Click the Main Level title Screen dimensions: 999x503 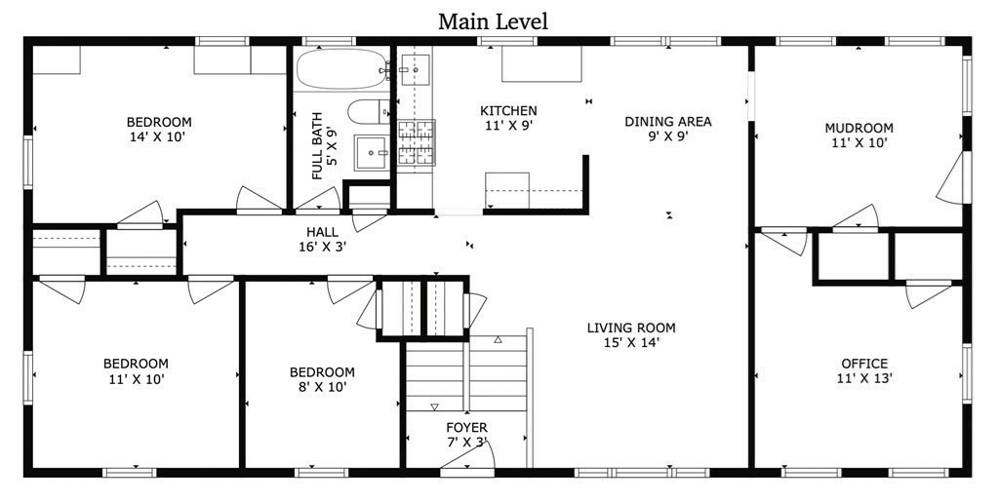coord(493,21)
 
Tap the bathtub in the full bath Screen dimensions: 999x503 coord(342,69)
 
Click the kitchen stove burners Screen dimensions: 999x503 coord(416,142)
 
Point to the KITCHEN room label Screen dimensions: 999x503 coord(508,111)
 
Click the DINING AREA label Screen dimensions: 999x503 coord(667,121)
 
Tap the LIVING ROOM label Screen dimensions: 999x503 coord(631,328)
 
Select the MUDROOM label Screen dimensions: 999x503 coord(859,128)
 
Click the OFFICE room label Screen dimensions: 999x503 coord(864,364)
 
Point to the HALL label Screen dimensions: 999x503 coord(322,232)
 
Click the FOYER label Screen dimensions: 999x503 coord(466,428)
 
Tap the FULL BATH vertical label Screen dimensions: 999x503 coord(317,146)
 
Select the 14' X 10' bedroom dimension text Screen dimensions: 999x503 coord(159,136)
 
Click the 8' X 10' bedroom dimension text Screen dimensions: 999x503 coord(322,386)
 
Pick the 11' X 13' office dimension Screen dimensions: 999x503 coord(864,378)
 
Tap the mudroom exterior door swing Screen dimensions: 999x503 coord(953,178)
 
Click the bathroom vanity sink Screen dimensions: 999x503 coord(371,153)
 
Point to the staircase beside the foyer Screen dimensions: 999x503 coord(466,373)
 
